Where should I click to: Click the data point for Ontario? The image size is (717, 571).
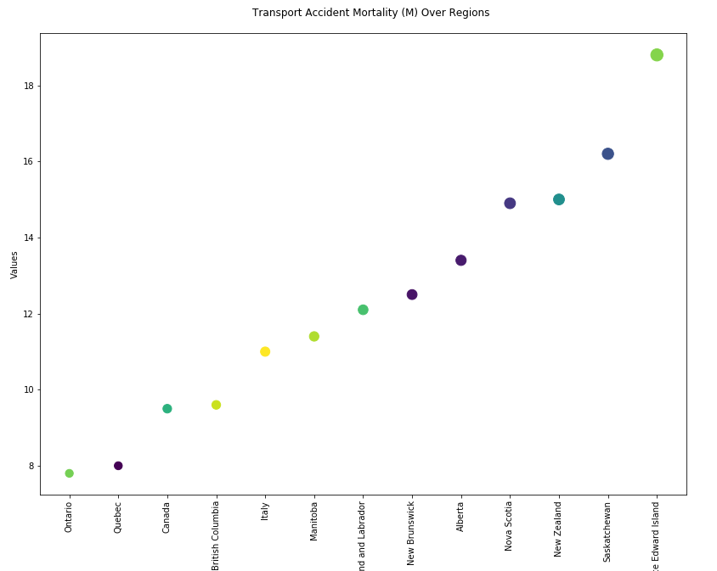(69, 473)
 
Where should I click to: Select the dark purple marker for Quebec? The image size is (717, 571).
(118, 466)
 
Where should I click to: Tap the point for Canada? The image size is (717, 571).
(167, 409)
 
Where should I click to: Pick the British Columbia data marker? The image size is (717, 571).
(216, 405)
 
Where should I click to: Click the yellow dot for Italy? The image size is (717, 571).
(265, 351)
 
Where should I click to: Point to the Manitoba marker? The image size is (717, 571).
(314, 337)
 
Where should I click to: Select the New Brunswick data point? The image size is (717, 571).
(412, 294)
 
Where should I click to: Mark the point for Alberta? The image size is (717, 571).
(461, 260)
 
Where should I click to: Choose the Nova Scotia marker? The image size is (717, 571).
(510, 204)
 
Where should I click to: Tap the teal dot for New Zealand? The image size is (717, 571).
(559, 199)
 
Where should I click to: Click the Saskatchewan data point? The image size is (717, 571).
(608, 154)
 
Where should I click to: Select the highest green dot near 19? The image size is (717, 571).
(657, 55)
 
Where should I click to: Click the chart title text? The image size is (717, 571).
(370, 13)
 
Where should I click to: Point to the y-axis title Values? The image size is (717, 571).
(14, 264)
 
